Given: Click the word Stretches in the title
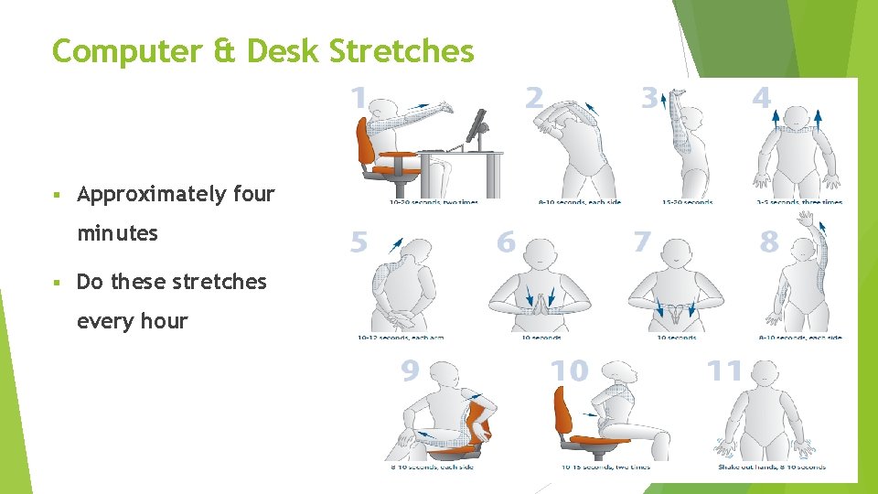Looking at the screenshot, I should tap(402, 51).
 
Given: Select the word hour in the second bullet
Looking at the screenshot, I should tap(165, 321).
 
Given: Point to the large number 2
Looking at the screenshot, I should tap(534, 97).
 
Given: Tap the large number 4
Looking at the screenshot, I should tap(761, 97).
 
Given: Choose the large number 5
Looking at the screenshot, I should tap(359, 242).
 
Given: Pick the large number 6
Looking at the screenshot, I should tap(506, 242).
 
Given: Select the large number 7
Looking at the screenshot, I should tap(643, 242).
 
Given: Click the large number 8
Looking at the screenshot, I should tap(769, 242).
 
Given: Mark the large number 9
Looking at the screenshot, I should tap(411, 371).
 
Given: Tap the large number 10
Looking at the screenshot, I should tap(569, 371).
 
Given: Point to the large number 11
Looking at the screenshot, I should tap(725, 371).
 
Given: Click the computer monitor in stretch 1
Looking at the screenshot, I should tap(476, 125).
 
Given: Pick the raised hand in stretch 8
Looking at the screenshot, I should tap(806, 220).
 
